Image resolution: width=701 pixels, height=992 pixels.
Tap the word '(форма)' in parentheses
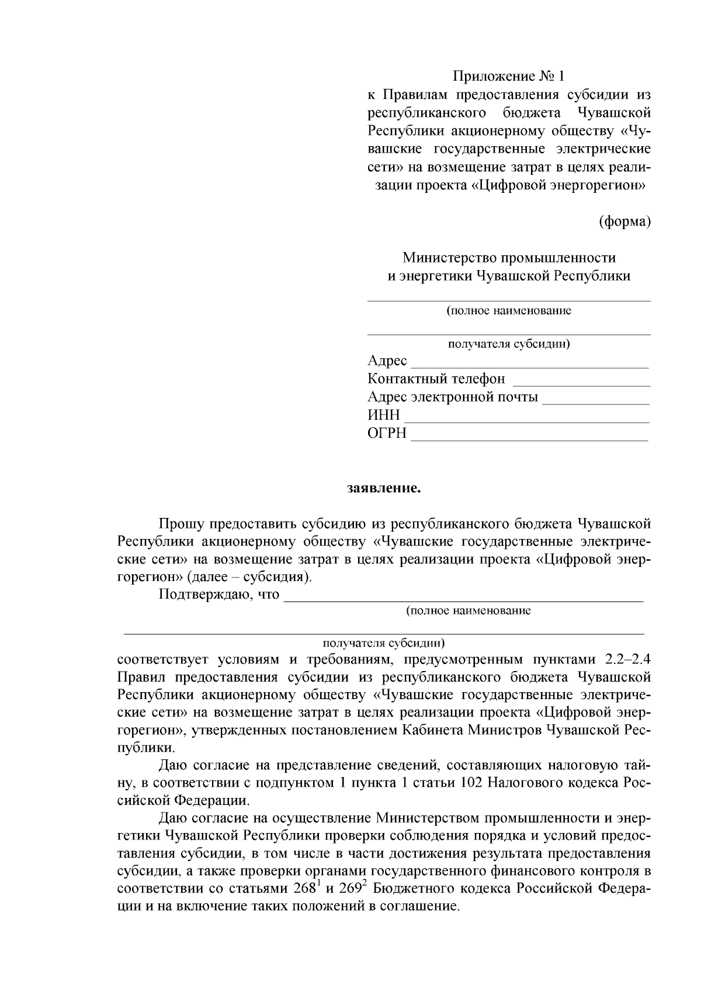[x=625, y=222]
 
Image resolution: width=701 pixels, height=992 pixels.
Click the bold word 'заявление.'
[x=384, y=488]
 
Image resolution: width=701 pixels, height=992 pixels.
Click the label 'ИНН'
[x=384, y=416]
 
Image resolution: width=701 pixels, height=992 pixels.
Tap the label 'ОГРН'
[x=387, y=434]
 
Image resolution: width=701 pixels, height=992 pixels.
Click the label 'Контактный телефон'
[x=436, y=379]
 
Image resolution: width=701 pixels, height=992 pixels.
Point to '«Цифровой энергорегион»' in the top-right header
[x=558, y=186]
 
